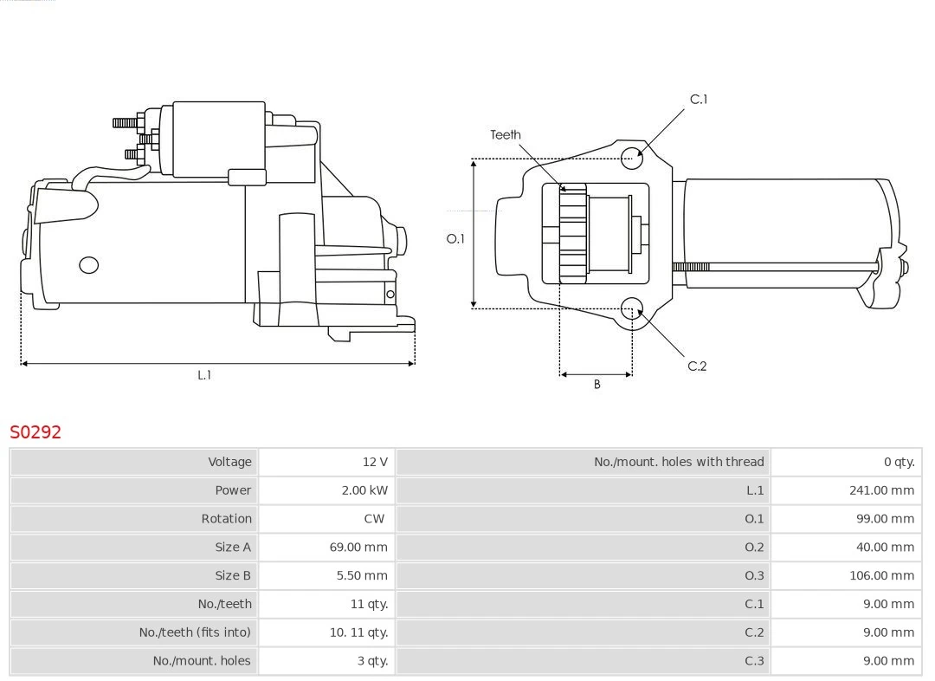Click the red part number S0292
click(35, 431)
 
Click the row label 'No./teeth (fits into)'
click(195, 632)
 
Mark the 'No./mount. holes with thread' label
click(679, 462)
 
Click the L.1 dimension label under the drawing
click(204, 375)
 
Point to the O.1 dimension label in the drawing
click(455, 238)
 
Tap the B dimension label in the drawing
click(596, 384)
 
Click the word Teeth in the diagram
click(506, 134)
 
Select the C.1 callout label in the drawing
click(698, 100)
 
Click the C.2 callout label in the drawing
click(697, 366)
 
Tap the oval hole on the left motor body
click(88, 265)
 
